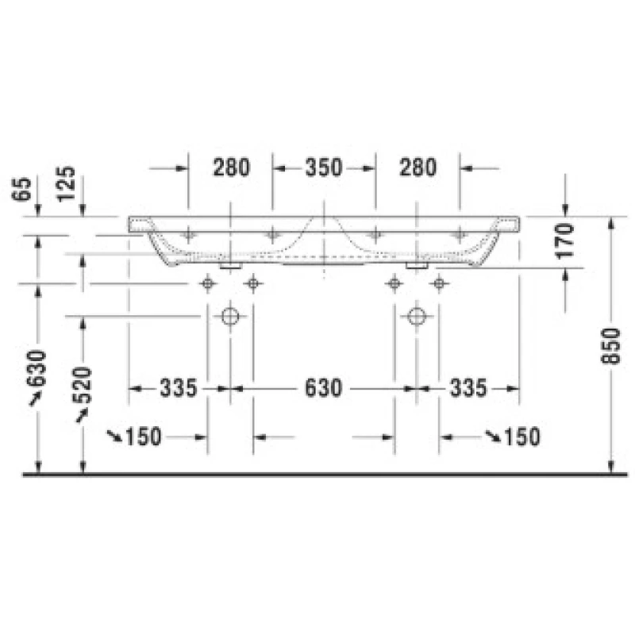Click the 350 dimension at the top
[x=324, y=167]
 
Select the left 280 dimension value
[x=232, y=167]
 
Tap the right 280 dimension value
[x=418, y=167]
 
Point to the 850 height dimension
[x=610, y=346]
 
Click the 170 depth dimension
[x=566, y=241]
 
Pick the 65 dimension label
[x=22, y=189]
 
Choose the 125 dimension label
[x=67, y=183]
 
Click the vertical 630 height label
[x=37, y=368]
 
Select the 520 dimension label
[x=83, y=385]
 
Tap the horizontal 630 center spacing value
[x=323, y=388]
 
